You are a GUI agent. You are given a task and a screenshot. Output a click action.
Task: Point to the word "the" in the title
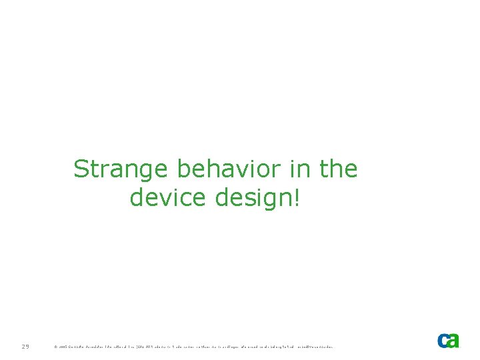coord(339,170)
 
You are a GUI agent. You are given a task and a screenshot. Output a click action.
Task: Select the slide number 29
coord(25,346)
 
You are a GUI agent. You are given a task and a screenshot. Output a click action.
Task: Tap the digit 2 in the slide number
coord(22,346)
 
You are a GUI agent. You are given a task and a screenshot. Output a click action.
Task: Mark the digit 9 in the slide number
coord(27,346)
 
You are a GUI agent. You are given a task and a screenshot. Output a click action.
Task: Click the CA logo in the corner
coord(448,340)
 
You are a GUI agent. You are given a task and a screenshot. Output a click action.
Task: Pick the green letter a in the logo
coord(453,340)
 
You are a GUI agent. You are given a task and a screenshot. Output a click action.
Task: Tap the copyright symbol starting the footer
coord(55,347)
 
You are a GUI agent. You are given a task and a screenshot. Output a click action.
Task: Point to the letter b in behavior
coord(184,170)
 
